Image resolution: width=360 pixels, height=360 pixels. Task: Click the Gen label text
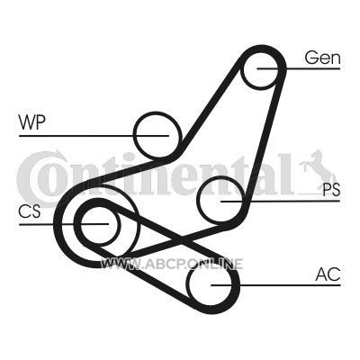[x=323, y=58]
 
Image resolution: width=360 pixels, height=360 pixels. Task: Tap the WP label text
[x=31, y=122]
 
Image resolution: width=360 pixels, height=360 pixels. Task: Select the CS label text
[x=30, y=211]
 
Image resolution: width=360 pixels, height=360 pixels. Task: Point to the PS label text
[x=331, y=190]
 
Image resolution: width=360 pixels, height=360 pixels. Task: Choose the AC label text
[x=328, y=274]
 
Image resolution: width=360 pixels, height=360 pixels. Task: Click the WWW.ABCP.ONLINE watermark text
[x=172, y=264]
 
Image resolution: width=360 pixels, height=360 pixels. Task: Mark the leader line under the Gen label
[x=299, y=68]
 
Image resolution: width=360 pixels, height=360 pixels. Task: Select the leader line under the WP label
[x=94, y=136]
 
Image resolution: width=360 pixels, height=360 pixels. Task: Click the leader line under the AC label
[x=275, y=285]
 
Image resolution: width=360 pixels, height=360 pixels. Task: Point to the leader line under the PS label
[x=280, y=201]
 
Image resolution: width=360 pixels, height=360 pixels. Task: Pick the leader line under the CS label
[x=64, y=224]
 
